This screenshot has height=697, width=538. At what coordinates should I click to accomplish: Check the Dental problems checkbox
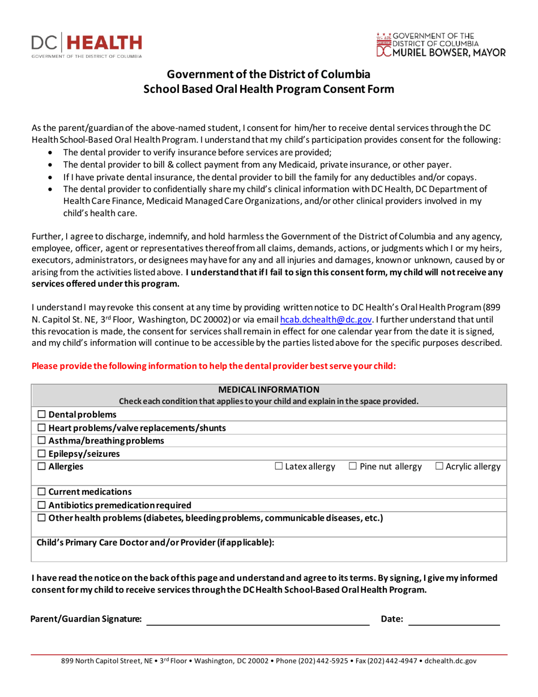41,415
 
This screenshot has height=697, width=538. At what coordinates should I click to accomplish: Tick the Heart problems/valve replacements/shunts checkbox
41,428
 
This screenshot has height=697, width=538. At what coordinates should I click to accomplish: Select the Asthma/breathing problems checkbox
41,441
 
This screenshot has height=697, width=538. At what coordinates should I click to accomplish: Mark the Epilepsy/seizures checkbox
41,453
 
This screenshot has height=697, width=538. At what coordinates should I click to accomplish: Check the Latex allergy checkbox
279,466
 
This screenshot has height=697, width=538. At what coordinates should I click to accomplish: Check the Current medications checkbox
41,492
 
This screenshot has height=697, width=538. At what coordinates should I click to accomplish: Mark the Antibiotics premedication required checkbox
41,505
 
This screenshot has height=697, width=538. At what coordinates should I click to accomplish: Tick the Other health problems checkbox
41,517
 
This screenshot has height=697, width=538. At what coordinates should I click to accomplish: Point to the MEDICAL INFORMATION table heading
269,389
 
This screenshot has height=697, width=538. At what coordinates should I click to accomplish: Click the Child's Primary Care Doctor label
155,543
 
